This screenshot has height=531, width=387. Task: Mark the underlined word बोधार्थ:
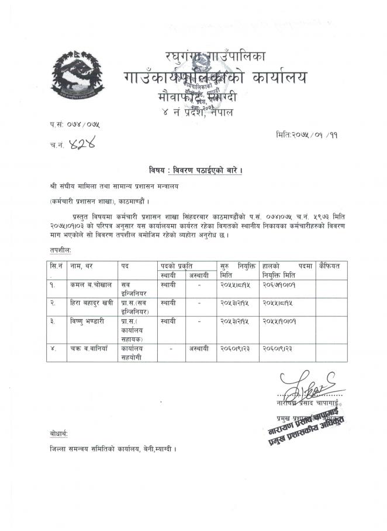(59, 434)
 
